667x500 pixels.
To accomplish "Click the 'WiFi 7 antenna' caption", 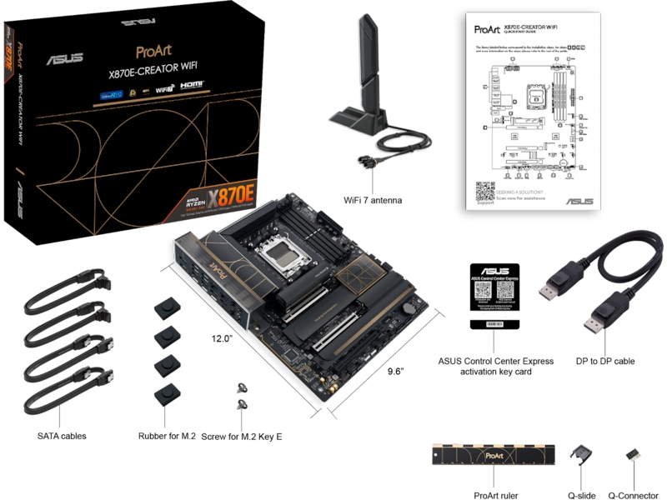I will (x=373, y=200).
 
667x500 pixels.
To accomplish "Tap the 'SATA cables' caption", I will (x=62, y=435).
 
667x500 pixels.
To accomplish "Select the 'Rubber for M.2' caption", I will (x=167, y=435).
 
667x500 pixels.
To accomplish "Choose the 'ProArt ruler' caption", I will (x=495, y=496).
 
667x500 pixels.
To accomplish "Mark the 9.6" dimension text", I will (x=389, y=371).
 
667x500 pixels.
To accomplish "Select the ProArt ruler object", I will (x=494, y=456).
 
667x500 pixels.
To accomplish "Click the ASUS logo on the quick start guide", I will (x=579, y=201).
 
